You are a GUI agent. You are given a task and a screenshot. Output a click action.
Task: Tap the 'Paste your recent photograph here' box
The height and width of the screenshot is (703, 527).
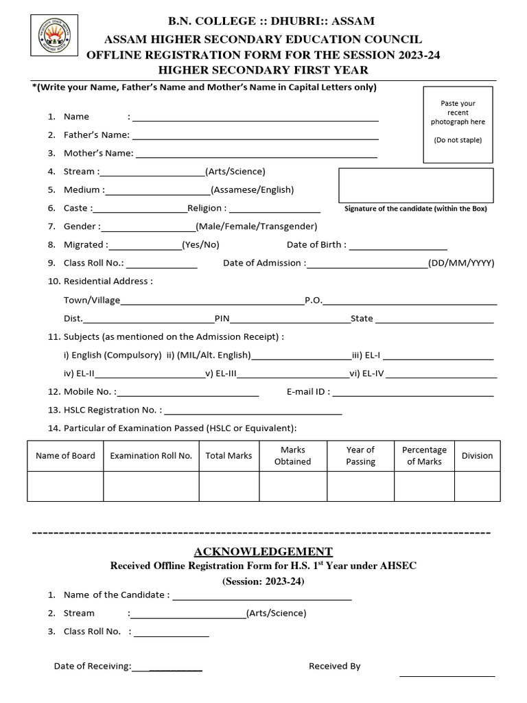(458, 124)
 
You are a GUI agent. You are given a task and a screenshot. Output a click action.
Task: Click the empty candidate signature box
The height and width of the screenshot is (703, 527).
(416, 185)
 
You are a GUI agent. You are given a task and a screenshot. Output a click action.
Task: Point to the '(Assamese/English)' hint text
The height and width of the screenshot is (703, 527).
(253, 190)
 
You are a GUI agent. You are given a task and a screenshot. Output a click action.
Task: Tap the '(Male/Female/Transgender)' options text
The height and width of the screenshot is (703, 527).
(256, 227)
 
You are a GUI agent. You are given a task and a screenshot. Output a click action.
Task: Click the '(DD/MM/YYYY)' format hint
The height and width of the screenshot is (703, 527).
(461, 263)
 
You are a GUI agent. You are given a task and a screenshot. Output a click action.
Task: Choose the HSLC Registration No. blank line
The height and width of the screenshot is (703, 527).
(253, 413)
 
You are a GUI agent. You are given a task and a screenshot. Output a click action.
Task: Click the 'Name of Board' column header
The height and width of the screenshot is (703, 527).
(65, 456)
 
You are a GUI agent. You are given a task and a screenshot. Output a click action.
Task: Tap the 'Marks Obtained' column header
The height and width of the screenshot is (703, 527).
(292, 456)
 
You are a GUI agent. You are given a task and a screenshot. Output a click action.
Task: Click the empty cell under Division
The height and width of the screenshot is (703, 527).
(477, 486)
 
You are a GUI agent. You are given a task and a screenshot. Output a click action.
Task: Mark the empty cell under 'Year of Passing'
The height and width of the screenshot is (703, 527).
(360, 486)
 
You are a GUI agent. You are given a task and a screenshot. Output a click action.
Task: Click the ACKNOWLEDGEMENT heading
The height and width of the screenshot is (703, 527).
(263, 552)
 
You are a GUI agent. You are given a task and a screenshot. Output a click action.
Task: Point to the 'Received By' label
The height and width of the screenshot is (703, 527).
(334, 666)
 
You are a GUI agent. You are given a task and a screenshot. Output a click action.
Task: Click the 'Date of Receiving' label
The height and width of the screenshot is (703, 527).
(92, 666)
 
